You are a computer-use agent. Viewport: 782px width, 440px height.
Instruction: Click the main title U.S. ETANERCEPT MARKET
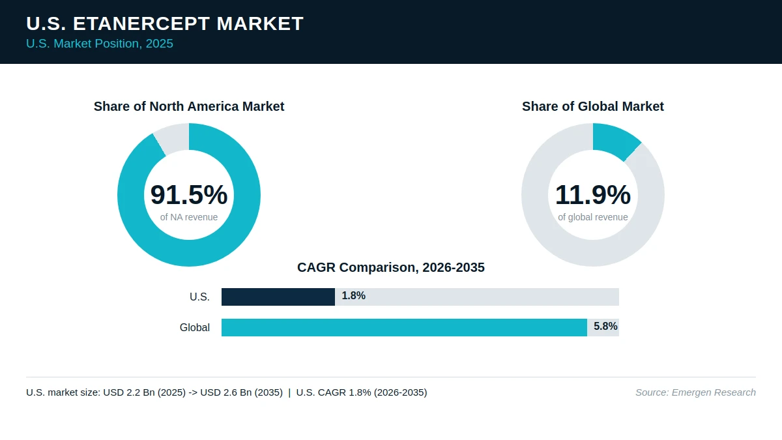click(165, 23)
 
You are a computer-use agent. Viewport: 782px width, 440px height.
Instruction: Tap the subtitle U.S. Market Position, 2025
click(100, 44)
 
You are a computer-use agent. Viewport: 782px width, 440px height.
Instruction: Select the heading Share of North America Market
click(189, 106)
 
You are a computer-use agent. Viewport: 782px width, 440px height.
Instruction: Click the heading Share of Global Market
click(593, 106)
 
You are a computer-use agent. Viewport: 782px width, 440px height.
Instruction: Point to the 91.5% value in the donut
click(189, 194)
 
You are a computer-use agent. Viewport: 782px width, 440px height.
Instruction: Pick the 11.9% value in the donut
click(593, 194)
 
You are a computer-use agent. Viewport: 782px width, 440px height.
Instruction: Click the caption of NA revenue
click(189, 217)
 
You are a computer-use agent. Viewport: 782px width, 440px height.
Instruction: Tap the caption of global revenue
click(593, 217)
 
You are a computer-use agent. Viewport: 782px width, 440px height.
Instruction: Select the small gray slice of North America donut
click(173, 138)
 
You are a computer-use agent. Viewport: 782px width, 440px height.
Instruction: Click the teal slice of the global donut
click(615, 140)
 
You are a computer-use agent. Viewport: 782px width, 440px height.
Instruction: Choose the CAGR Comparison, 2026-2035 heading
click(391, 267)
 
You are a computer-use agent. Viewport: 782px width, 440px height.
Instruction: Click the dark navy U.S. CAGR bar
click(278, 297)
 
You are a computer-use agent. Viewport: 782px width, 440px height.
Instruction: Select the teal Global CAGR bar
click(404, 327)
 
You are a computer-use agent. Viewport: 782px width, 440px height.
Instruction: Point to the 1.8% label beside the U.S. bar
click(354, 296)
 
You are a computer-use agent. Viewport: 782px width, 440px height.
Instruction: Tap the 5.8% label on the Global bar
click(605, 327)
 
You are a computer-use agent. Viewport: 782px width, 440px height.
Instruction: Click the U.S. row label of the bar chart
click(199, 297)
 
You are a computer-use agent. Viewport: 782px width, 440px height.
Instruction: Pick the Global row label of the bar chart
click(195, 327)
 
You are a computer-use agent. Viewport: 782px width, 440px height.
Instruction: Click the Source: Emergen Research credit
click(695, 392)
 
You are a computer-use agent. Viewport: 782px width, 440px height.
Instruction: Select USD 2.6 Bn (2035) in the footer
click(242, 392)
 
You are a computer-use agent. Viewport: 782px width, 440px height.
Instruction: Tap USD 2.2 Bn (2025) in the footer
click(145, 392)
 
